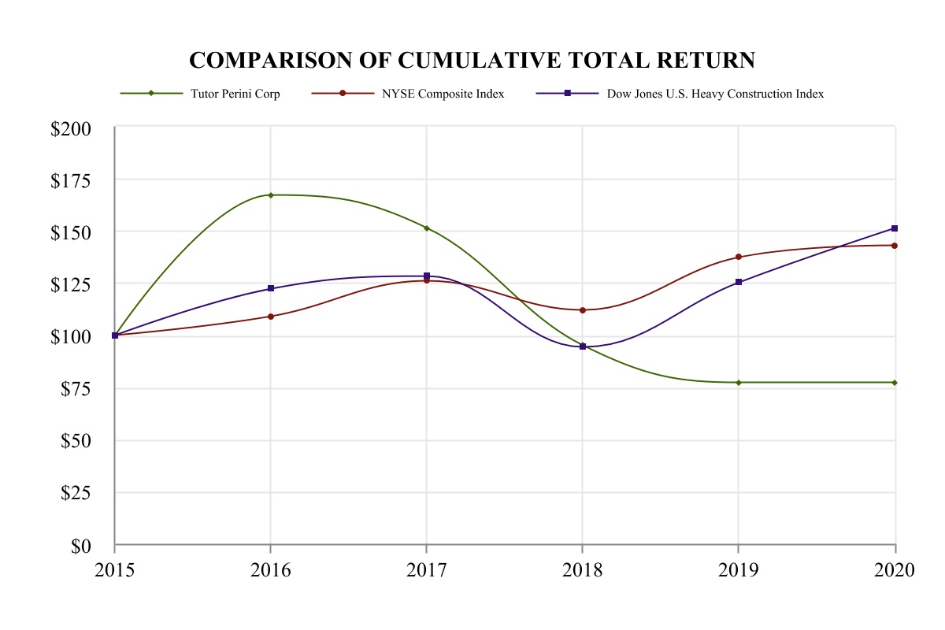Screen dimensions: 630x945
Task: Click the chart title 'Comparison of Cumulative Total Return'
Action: pyautogui.click(x=472, y=61)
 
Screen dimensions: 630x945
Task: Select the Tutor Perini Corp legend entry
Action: pyautogui.click(x=235, y=93)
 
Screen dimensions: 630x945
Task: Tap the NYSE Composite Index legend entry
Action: pyautogui.click(x=443, y=93)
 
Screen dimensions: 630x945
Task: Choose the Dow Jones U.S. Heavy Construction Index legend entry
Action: pyautogui.click(x=714, y=93)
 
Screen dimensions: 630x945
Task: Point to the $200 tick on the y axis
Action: pyautogui.click(x=70, y=128)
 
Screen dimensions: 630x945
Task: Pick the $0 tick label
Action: pyautogui.click(x=81, y=545)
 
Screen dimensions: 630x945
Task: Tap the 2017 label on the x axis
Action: pyautogui.click(x=427, y=569)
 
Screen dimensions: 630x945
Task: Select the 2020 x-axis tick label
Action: pyautogui.click(x=894, y=569)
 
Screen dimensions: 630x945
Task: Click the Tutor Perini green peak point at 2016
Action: pyautogui.click(x=271, y=195)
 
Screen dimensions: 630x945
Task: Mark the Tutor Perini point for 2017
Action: pyautogui.click(x=427, y=228)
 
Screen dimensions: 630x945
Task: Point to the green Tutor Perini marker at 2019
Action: pyautogui.click(x=739, y=383)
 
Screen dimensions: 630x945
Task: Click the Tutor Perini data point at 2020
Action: pyautogui.click(x=895, y=383)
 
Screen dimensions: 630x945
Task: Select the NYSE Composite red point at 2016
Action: pyautogui.click(x=271, y=317)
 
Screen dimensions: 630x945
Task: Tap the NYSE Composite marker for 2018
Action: pyautogui.click(x=583, y=310)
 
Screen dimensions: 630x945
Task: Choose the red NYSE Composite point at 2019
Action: pyautogui.click(x=739, y=257)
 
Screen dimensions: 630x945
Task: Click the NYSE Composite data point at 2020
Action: pyautogui.click(x=895, y=245)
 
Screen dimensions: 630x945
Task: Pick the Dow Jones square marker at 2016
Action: pyautogui.click(x=271, y=288)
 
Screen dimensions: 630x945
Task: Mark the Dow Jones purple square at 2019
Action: pyautogui.click(x=739, y=282)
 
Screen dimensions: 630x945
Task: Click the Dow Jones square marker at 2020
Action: pyautogui.click(x=895, y=228)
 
